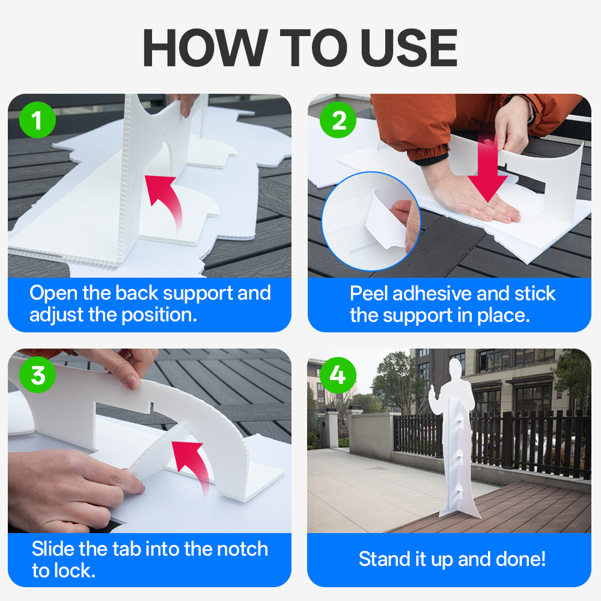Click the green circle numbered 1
pos(37,120)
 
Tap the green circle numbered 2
pos(338,120)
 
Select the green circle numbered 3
pos(37,374)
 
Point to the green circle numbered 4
pos(338,374)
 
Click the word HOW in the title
pos(205,48)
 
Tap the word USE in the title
pos(409,48)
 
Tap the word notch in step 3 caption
pos(242,549)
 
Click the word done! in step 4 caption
pos(520,559)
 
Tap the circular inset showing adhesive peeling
pos(371,221)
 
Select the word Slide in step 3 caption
pos(53,549)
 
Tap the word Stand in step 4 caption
pos(385,559)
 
